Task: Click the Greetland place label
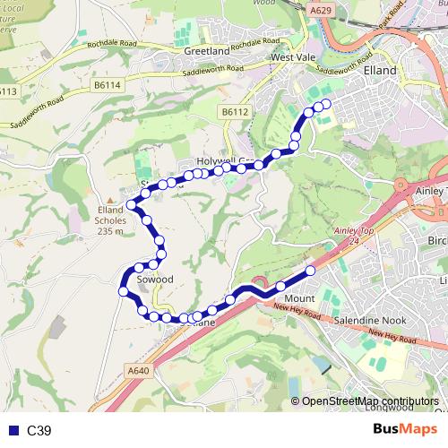click(207, 51)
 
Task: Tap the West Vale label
click(295, 56)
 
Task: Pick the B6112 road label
click(232, 112)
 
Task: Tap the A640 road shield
click(136, 370)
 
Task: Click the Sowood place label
click(154, 280)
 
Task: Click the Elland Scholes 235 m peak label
click(111, 221)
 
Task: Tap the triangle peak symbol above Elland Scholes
click(111, 201)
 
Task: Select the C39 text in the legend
click(39, 430)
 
